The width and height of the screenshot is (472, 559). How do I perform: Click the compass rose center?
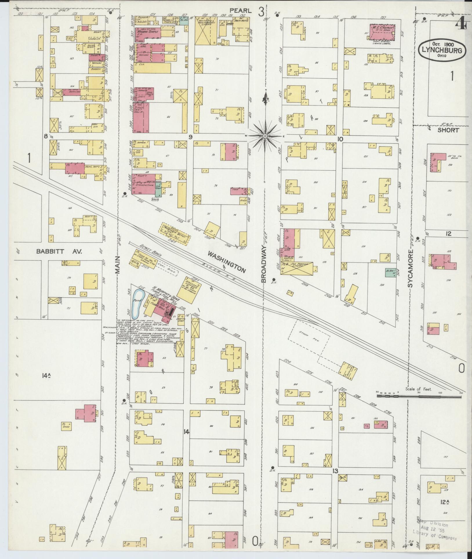[265, 136]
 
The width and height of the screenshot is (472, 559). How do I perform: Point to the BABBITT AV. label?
[59, 252]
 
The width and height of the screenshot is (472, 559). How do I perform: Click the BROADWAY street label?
[264, 263]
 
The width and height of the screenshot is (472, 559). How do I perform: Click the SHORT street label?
[448, 130]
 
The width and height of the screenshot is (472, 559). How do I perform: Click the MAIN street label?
[117, 266]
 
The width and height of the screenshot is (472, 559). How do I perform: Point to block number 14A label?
[46, 376]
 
